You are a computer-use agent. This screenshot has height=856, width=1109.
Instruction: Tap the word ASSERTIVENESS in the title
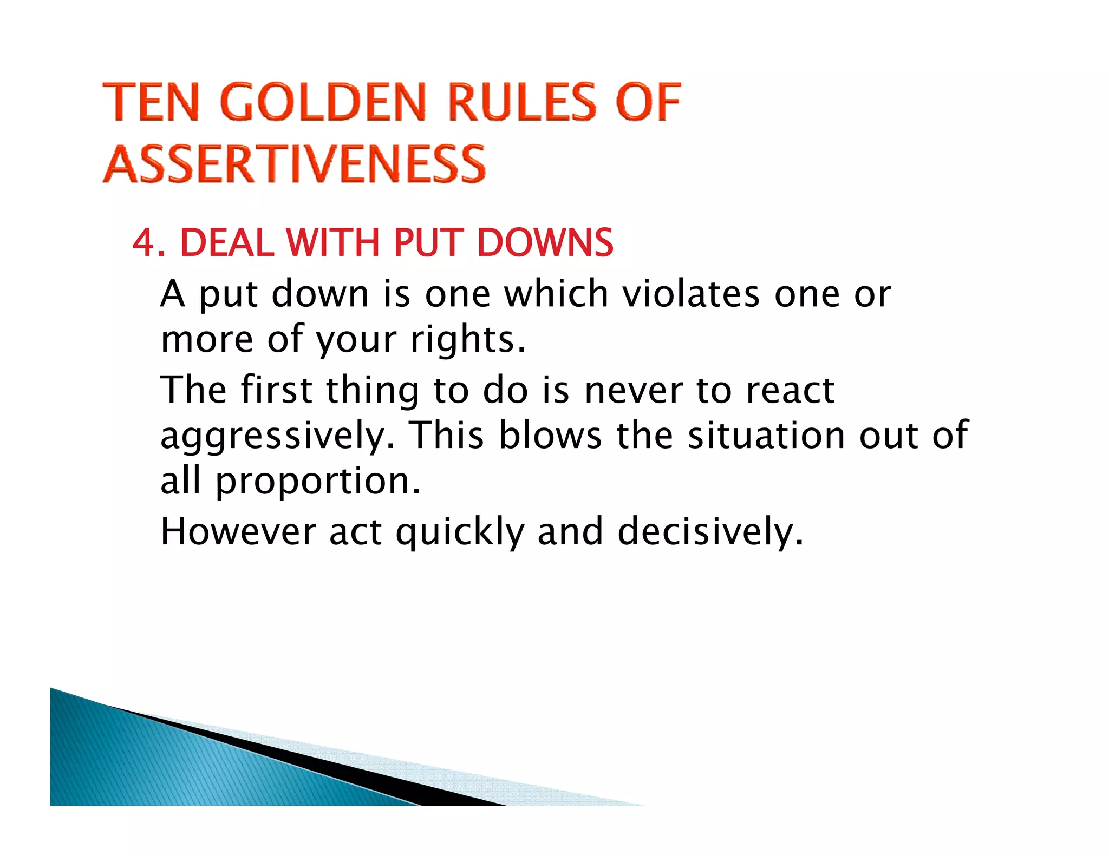(294, 164)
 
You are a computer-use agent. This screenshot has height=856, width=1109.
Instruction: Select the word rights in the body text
(467, 340)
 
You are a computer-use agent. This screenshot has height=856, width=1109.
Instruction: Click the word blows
(550, 435)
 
